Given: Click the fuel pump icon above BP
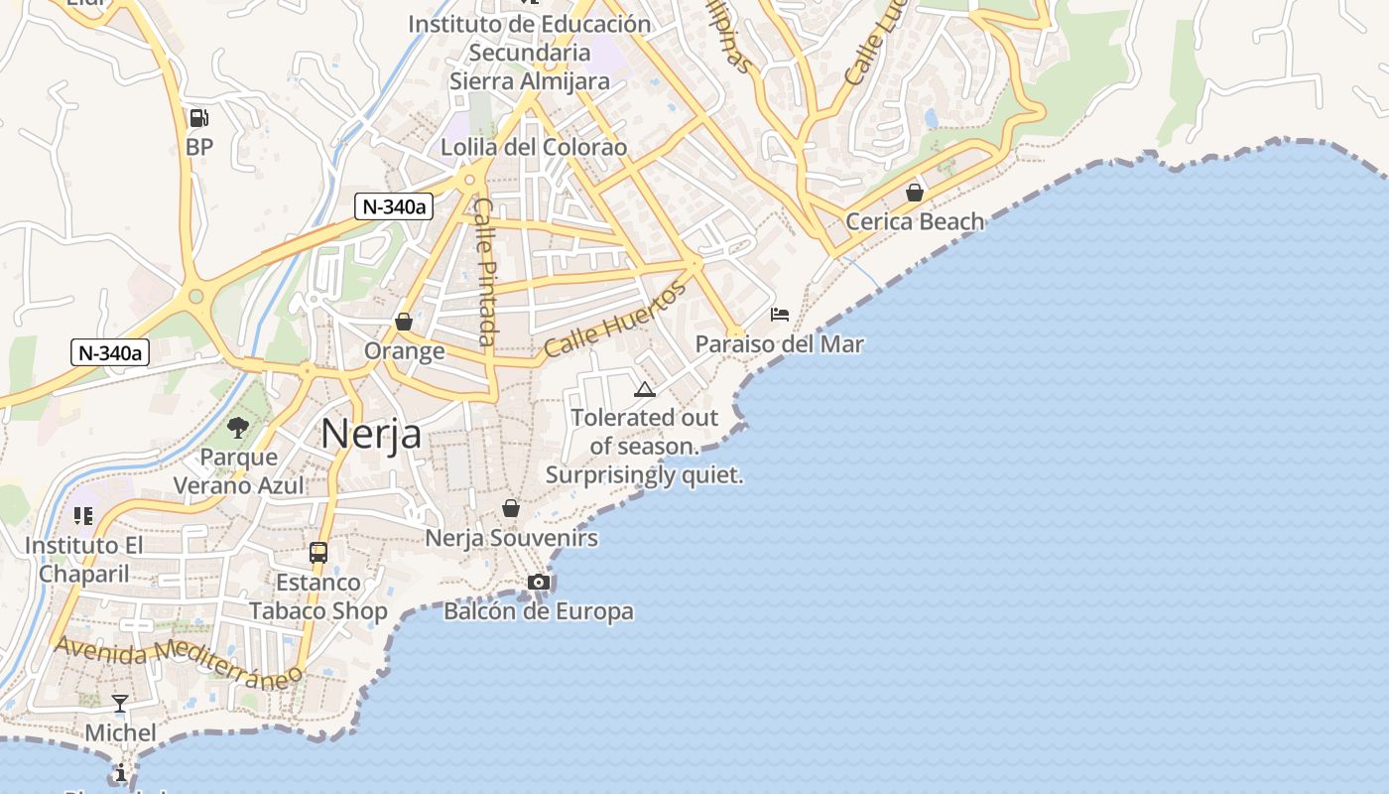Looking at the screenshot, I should [198, 118].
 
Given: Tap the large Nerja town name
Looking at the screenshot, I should [371, 434].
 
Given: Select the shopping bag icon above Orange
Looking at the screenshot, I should [404, 322].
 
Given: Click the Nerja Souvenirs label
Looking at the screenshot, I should [511, 538].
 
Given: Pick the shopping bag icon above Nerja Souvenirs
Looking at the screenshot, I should [511, 508].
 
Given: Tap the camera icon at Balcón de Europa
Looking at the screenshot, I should [539, 582].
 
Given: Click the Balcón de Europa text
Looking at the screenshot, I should [539, 610].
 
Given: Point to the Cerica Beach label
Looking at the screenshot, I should [915, 221].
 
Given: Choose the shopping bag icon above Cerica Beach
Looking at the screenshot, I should [915, 193].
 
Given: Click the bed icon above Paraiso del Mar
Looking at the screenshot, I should [780, 315].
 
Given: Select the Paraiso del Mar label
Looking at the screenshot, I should [779, 344].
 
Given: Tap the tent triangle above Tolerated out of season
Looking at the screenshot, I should [645, 389].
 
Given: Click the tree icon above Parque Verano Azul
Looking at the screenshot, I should [238, 428].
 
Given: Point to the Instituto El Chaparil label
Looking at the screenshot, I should [83, 560].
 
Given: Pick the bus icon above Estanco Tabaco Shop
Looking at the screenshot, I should [318, 553].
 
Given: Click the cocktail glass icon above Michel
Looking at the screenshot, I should [120, 704].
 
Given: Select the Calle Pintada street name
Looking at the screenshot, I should [485, 271].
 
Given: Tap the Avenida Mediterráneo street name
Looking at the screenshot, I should [179, 662].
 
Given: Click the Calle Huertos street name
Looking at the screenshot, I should [615, 320].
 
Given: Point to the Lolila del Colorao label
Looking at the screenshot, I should [534, 148].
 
